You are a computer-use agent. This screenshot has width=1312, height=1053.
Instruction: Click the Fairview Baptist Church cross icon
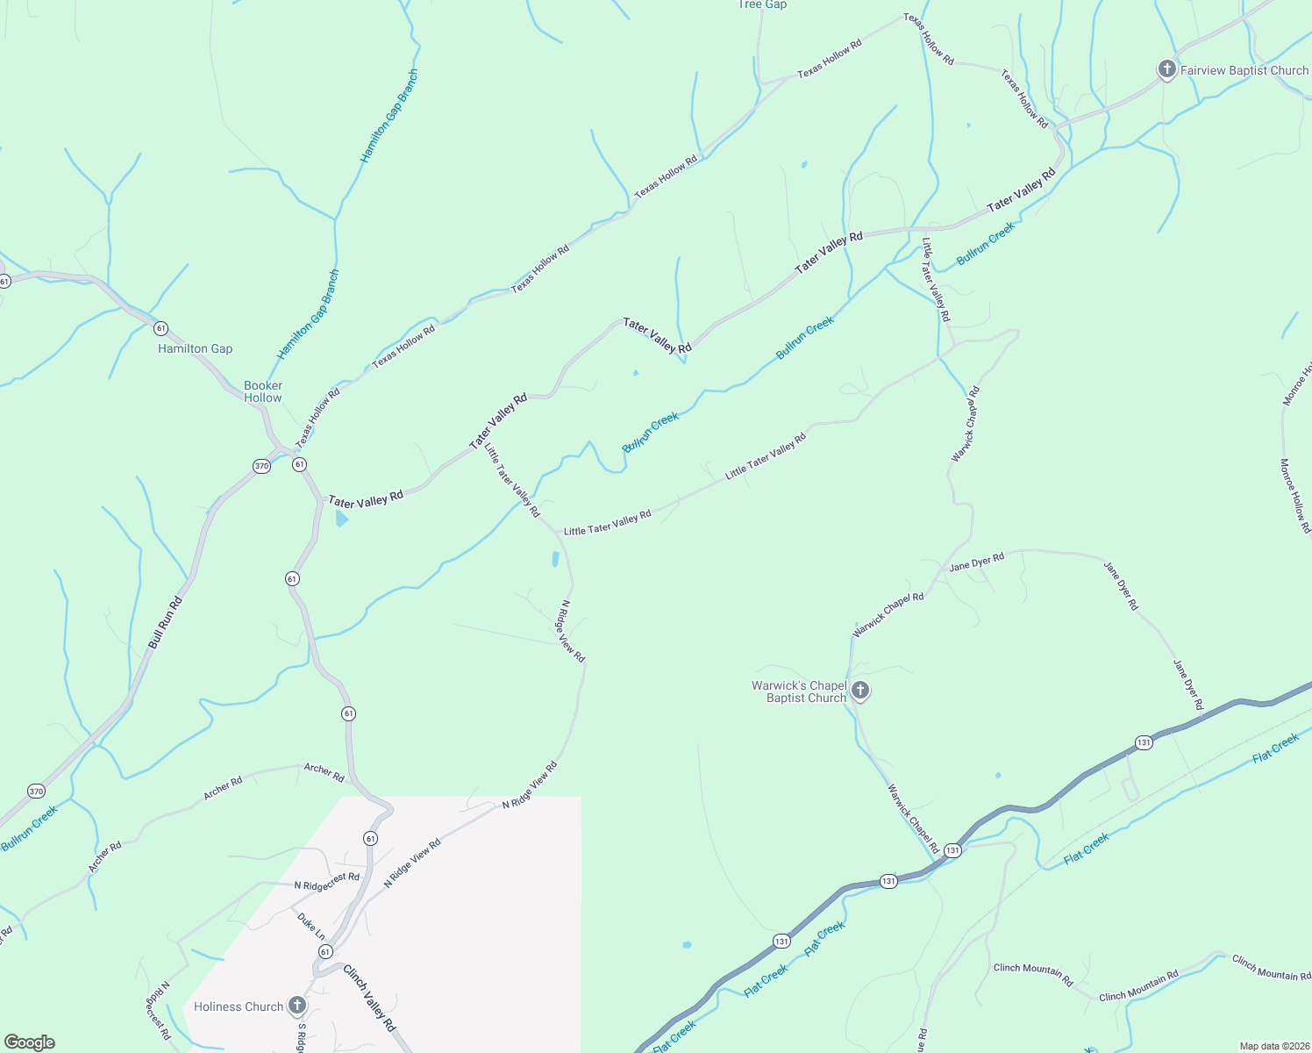(x=1166, y=70)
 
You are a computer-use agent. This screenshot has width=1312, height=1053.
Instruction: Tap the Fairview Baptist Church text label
(x=1244, y=70)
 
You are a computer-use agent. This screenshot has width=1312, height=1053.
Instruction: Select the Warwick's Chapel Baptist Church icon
(x=860, y=691)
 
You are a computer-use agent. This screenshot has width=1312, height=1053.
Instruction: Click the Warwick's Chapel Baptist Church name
(x=799, y=691)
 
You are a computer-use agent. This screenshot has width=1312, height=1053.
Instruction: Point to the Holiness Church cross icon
(x=297, y=1006)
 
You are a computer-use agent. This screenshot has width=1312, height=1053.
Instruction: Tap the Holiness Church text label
(x=239, y=1006)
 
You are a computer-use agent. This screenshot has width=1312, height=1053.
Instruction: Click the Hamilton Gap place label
(x=195, y=348)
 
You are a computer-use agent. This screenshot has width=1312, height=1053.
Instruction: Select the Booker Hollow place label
(x=263, y=391)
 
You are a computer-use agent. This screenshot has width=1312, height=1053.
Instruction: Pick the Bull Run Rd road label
(x=165, y=623)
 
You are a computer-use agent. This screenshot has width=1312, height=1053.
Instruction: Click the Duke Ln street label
(x=310, y=926)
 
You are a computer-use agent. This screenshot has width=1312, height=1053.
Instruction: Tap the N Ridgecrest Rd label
(x=326, y=881)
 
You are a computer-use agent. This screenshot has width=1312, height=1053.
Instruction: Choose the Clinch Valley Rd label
(x=369, y=999)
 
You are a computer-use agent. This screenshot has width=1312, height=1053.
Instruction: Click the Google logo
(x=30, y=1042)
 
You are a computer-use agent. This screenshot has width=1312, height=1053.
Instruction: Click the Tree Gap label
(x=762, y=4)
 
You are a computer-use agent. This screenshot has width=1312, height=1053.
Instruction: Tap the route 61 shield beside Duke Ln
(x=325, y=952)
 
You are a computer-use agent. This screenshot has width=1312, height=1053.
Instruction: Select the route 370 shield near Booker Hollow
(x=261, y=466)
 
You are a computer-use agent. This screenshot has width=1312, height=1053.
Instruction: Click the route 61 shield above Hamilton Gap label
(x=160, y=328)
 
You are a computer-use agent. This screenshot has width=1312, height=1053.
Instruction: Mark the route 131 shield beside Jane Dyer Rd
(x=1144, y=742)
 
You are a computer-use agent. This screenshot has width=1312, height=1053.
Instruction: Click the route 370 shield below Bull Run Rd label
(x=35, y=791)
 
